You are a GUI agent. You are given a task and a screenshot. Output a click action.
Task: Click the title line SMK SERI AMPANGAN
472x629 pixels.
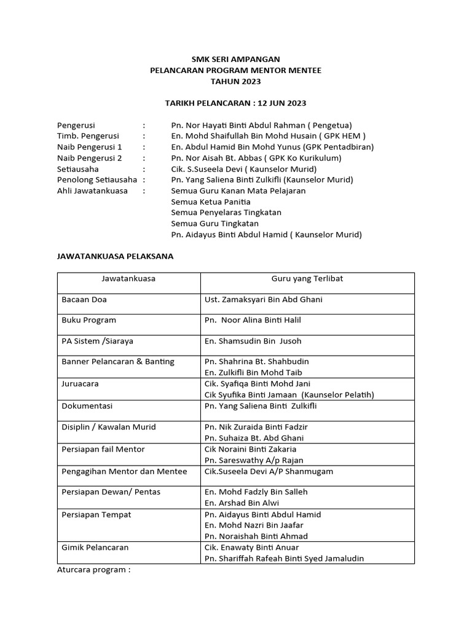tap(235, 60)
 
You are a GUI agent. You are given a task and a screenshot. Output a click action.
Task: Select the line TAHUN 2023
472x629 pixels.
tap(235, 81)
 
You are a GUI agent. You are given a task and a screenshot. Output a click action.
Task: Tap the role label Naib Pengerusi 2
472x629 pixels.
tap(90, 158)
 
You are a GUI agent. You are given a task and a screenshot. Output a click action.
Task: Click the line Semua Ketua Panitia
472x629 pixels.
tap(211, 201)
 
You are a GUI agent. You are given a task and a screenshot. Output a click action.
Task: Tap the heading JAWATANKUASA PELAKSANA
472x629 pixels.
tap(116, 256)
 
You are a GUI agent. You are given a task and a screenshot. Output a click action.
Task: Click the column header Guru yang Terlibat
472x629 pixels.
tap(307, 279)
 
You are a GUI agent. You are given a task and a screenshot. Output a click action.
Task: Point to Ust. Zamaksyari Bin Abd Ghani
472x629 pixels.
tap(263, 300)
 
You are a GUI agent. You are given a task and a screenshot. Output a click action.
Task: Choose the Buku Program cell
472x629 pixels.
tap(89, 320)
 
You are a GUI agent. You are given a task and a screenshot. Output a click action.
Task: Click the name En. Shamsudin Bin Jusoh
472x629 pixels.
tap(253, 342)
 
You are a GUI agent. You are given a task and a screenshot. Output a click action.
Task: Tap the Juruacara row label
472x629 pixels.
tap(81, 383)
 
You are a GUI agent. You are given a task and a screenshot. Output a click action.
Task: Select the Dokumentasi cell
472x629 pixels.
tap(87, 406)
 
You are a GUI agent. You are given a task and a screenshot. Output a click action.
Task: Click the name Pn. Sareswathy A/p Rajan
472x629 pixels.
tap(254, 460)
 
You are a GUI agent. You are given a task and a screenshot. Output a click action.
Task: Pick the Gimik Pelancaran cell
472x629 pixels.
tap(95, 547)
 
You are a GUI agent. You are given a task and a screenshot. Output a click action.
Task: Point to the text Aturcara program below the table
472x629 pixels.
tap(94, 569)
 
